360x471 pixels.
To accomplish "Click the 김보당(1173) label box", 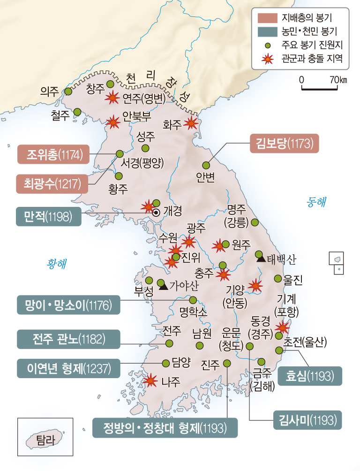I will point(285,143).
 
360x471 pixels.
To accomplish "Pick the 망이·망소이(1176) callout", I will point(68,304).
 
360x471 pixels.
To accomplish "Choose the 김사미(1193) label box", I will point(307,420).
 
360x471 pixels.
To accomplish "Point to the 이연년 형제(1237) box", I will point(68,368).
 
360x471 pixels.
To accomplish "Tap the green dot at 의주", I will point(68,91).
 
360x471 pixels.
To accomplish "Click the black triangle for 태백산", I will point(260,256).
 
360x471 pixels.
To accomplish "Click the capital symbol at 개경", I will point(157,212).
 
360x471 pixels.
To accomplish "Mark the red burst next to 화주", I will point(190,123).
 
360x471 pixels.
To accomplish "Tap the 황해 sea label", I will point(56,263).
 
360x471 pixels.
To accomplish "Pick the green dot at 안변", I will point(206,165).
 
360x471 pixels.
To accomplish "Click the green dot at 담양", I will point(165,363).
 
